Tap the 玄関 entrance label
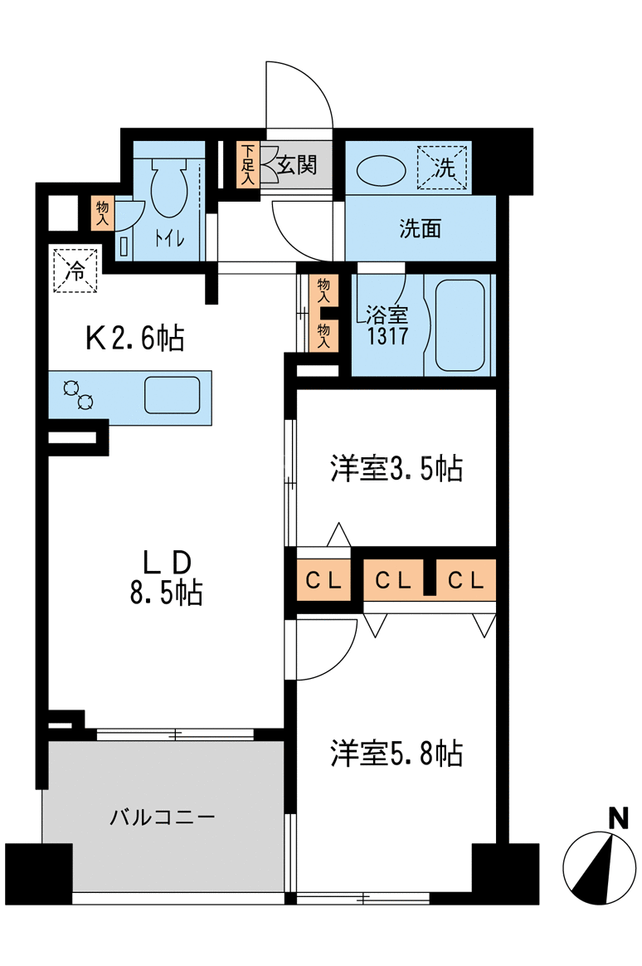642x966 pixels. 297,164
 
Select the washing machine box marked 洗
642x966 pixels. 443,167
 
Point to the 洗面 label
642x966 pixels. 421,228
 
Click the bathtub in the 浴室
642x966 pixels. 460,326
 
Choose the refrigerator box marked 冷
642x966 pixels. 75,270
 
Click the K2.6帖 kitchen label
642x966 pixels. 135,338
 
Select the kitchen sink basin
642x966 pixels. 173,395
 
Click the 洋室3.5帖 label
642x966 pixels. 397,469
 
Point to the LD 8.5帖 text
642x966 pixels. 166,578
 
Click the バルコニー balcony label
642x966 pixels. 163,817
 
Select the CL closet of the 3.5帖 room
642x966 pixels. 323,580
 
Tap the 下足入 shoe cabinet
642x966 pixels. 248,165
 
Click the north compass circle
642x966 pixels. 601,868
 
